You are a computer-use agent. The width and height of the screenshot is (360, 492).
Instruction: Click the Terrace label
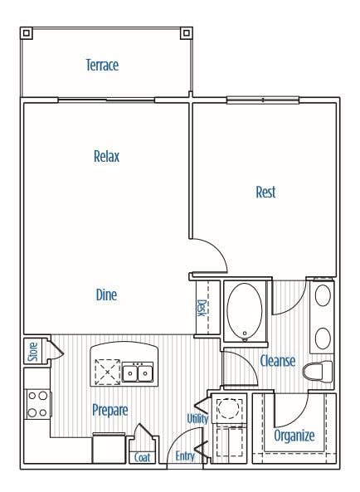(x=102, y=65)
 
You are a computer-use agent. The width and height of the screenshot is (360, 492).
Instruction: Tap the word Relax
(x=107, y=156)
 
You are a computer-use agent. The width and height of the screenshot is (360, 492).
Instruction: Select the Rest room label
(x=265, y=192)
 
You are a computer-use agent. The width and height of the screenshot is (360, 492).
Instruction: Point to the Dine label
(x=106, y=295)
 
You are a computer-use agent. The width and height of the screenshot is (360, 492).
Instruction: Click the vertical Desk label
(x=201, y=309)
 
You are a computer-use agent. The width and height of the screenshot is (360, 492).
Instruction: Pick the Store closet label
(x=33, y=351)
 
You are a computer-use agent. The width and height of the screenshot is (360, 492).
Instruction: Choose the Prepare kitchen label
(x=109, y=410)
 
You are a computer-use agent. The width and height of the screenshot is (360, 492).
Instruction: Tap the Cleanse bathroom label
(x=278, y=361)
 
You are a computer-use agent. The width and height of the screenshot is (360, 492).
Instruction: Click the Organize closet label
(x=294, y=435)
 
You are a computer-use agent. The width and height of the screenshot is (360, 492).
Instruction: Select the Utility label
(x=197, y=418)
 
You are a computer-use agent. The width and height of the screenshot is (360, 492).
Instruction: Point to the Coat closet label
(x=142, y=457)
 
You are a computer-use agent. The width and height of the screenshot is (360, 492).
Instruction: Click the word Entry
(x=185, y=456)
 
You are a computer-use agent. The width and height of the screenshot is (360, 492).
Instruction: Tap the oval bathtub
(x=244, y=312)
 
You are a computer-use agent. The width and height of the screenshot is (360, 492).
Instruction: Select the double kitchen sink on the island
(x=139, y=373)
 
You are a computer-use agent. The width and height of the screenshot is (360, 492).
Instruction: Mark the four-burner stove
(x=37, y=402)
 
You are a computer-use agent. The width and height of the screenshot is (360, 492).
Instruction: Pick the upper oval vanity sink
(x=323, y=295)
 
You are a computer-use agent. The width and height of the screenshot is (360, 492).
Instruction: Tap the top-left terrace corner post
(x=27, y=33)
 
